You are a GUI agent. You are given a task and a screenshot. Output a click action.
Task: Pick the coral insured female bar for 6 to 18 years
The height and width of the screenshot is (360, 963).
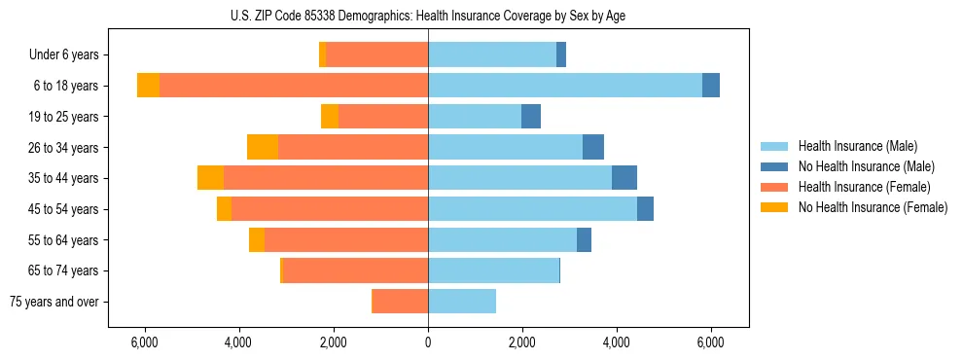coord(294,86)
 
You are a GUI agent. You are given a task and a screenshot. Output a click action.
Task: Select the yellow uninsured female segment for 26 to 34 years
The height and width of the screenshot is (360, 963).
coord(263,147)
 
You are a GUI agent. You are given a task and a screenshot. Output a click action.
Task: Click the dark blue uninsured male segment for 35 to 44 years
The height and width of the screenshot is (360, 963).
coord(624,178)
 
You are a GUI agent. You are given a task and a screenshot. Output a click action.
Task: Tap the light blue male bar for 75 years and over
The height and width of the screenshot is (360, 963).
coord(462,302)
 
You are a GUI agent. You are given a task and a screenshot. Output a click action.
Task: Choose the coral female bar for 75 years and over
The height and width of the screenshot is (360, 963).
coord(400,302)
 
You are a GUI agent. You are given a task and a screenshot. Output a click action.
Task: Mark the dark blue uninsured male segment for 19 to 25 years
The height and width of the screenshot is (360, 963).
coord(531,117)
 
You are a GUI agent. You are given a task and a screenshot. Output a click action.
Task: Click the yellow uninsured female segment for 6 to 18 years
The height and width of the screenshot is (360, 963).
coord(148,86)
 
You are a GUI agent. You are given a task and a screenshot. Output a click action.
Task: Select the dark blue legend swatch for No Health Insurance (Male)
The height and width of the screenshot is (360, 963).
coord(774,166)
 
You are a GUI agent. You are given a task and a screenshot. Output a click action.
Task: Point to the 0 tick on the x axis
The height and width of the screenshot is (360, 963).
coord(428,342)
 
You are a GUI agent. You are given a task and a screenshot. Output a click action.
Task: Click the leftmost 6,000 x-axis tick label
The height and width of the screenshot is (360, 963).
coord(144,342)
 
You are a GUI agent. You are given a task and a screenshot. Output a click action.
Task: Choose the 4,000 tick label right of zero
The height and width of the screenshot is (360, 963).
coord(617,342)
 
